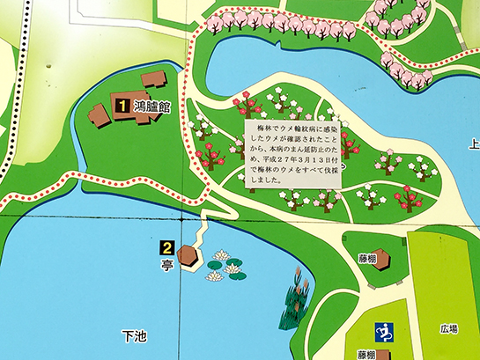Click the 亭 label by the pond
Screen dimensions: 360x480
coord(167,261)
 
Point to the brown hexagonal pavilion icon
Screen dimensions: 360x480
coord(189,255)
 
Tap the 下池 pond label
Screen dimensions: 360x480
coord(132,335)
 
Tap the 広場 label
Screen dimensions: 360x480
coord(448,329)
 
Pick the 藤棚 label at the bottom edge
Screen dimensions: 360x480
coord(366,354)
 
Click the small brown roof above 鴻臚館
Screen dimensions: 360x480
coord(153,79)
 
